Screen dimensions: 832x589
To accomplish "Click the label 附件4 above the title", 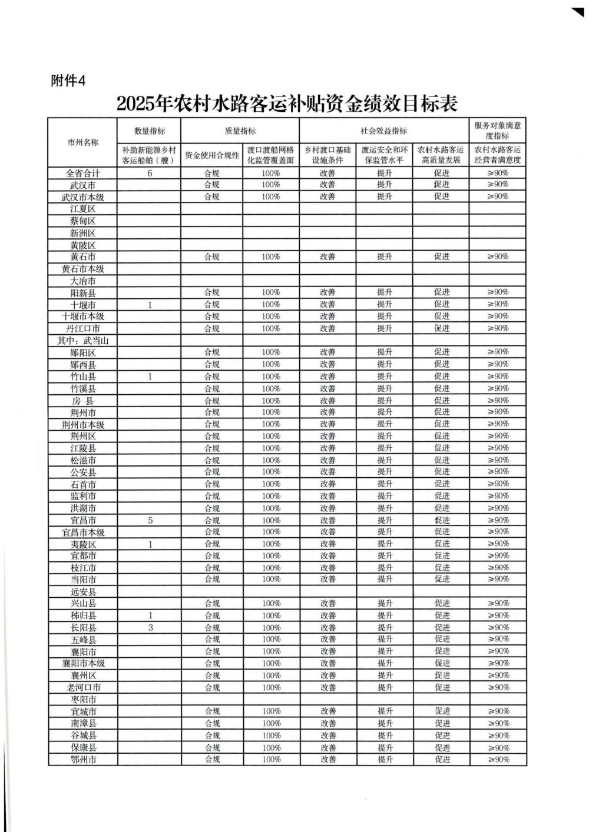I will (68, 81).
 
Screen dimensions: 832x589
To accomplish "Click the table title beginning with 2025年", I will (287, 104).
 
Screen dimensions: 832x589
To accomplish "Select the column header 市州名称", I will (83, 142).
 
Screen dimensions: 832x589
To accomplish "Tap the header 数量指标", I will (150, 131).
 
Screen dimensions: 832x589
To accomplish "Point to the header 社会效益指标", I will (384, 131).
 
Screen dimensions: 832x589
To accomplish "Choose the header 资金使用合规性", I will (212, 155).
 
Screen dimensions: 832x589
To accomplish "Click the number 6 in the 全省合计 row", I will (150, 173).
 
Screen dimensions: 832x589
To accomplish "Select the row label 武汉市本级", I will (83, 197).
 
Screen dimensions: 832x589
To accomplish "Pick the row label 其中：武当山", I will (83, 341).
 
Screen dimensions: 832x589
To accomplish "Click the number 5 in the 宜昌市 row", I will (150, 520).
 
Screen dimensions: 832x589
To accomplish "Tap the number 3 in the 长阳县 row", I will (150, 628).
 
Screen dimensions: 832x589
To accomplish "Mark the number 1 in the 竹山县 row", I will (150, 377).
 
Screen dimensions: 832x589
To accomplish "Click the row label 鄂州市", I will (83, 760).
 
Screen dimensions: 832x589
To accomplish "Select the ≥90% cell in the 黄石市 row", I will (498, 257).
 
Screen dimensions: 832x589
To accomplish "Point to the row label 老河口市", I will (83, 687).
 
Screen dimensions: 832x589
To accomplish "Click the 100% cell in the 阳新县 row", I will (271, 292).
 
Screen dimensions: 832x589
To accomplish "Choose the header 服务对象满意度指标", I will (498, 130).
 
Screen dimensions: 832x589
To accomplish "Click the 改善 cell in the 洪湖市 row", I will (327, 508).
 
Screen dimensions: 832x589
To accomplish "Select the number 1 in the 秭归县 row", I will (150, 615).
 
